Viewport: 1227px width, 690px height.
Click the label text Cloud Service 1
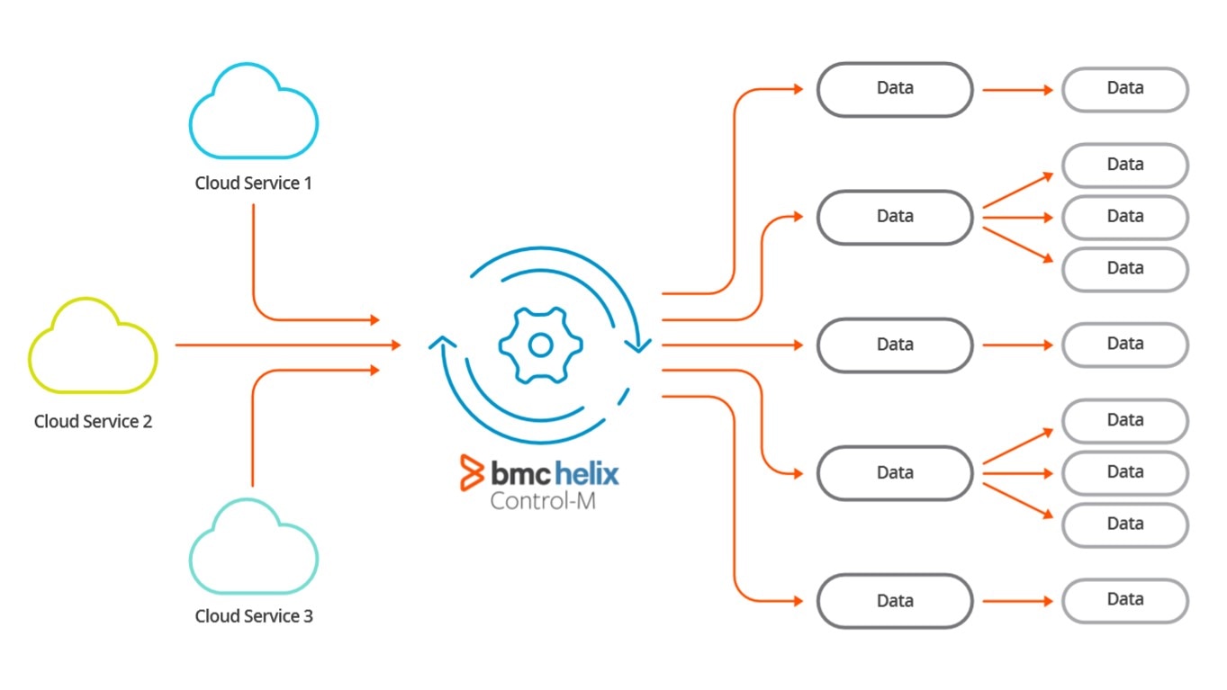[253, 184]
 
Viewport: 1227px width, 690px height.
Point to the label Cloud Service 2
[93, 421]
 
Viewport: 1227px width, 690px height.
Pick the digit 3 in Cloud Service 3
[308, 616]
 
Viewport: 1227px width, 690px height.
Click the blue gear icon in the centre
[540, 345]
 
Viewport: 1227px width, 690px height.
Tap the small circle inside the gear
[540, 345]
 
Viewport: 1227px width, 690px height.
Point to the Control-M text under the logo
[542, 500]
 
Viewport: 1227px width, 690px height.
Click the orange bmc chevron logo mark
[472, 472]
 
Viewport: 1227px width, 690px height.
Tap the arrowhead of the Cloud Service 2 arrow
[394, 345]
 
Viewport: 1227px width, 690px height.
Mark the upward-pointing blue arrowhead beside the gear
[441, 342]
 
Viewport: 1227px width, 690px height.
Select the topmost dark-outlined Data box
[894, 89]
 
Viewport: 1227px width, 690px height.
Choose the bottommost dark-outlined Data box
[894, 601]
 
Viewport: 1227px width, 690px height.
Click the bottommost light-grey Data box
[1124, 601]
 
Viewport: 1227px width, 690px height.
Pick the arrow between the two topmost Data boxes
[1017, 90]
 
